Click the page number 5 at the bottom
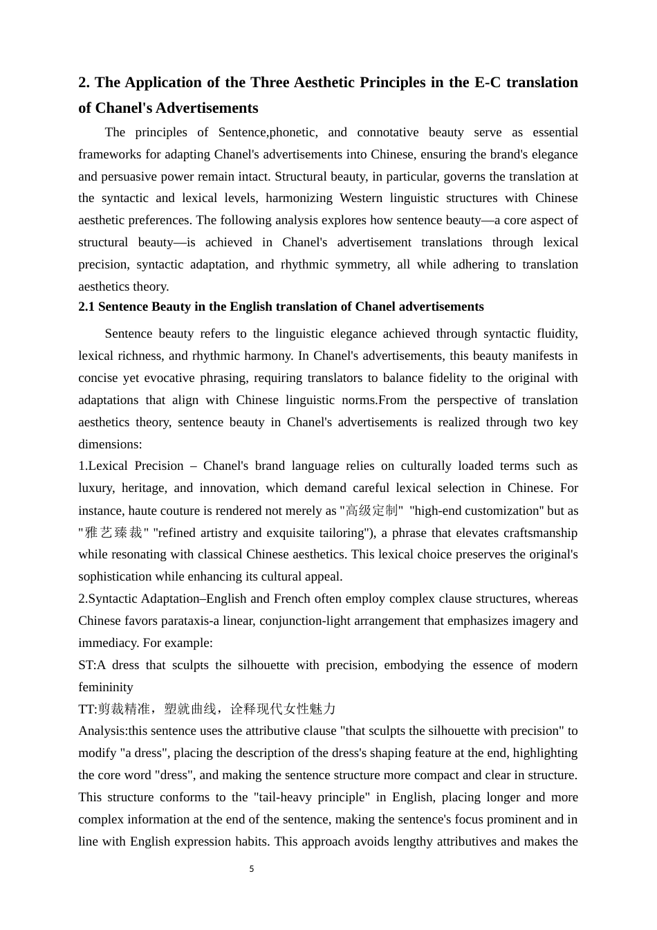[x=252, y=869]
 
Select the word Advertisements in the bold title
[x=207, y=108]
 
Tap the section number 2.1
[x=86, y=307]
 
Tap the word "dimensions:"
[x=110, y=444]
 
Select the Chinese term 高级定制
[x=371, y=511]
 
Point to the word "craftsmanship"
[x=535, y=533]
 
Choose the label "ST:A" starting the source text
[x=92, y=665]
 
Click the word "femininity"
[x=106, y=687]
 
